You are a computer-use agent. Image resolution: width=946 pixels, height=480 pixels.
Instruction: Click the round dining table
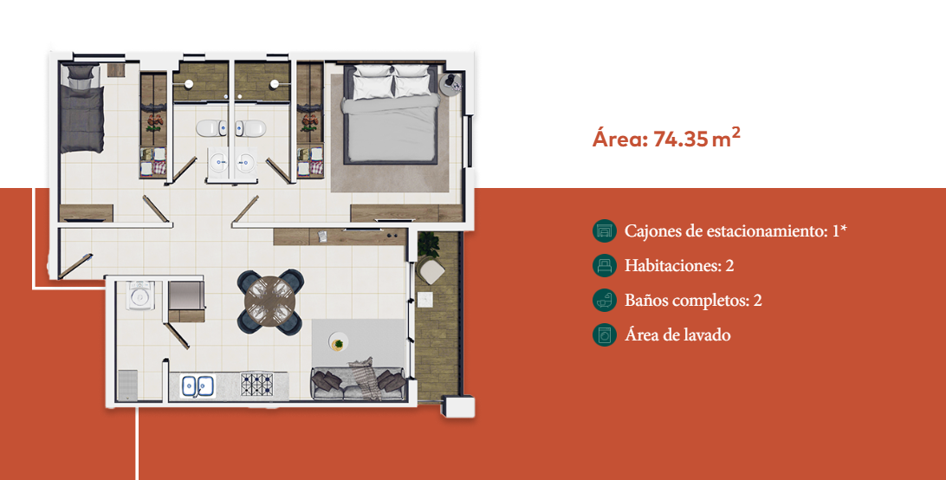[x=270, y=302]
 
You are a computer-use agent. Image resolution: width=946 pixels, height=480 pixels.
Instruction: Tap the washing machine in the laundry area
[x=140, y=295]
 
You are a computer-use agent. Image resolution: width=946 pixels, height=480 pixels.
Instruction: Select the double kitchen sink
[x=198, y=386]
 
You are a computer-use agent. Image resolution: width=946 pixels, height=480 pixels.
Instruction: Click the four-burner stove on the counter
[x=257, y=385]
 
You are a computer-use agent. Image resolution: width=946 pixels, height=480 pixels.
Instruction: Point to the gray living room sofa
[x=358, y=383]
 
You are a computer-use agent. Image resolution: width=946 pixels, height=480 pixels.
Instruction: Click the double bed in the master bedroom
[x=391, y=114]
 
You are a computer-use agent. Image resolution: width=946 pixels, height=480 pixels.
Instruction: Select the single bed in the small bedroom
[x=81, y=108]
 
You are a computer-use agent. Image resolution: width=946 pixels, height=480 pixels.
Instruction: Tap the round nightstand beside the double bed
[x=450, y=85]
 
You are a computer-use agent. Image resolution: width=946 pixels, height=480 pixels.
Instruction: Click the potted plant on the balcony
[x=428, y=243]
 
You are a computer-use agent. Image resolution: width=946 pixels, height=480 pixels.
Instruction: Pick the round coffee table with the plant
[x=339, y=342]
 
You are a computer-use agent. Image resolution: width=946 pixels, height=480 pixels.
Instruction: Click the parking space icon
[x=605, y=230]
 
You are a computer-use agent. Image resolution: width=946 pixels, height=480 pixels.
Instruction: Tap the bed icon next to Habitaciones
[x=605, y=266]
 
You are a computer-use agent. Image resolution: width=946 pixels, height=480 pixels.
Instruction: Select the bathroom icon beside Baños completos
[x=605, y=300]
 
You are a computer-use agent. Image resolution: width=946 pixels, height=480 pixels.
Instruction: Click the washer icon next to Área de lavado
[x=605, y=335]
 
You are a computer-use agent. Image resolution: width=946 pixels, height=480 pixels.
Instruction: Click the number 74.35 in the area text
[x=681, y=139]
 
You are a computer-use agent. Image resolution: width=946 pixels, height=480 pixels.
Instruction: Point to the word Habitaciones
[x=675, y=266]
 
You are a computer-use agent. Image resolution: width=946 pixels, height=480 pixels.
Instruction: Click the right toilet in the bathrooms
[x=249, y=128]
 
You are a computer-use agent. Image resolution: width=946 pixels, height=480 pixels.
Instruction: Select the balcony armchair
[x=431, y=269]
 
